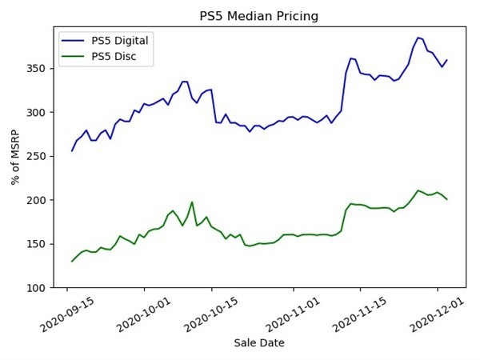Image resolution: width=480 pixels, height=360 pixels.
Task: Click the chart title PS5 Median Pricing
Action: point(258,16)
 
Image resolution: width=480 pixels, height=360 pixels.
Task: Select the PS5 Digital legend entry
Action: point(119,40)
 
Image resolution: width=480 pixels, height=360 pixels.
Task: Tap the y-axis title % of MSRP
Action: point(16,157)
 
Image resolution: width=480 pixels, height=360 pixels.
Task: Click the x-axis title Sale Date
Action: point(258,343)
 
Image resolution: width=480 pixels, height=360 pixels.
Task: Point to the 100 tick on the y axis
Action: point(38,288)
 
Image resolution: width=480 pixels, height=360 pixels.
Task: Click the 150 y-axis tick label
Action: point(38,244)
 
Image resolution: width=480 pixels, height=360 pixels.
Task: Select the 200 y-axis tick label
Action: point(38,200)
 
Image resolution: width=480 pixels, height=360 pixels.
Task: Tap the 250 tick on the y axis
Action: point(38,156)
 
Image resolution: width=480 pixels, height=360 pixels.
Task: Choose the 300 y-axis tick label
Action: point(38,112)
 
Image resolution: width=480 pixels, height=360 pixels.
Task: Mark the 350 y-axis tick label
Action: point(38,69)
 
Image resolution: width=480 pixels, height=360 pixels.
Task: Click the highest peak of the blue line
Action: point(418,38)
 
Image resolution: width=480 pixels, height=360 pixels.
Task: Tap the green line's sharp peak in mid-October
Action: point(192,202)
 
